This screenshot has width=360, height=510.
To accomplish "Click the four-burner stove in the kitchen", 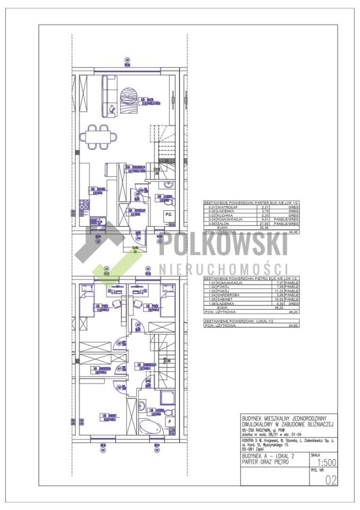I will pyautogui.click(x=83, y=205).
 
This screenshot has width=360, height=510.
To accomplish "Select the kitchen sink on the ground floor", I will pyautogui.click(x=94, y=221).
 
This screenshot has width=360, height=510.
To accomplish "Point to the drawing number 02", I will pyautogui.click(x=330, y=481).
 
